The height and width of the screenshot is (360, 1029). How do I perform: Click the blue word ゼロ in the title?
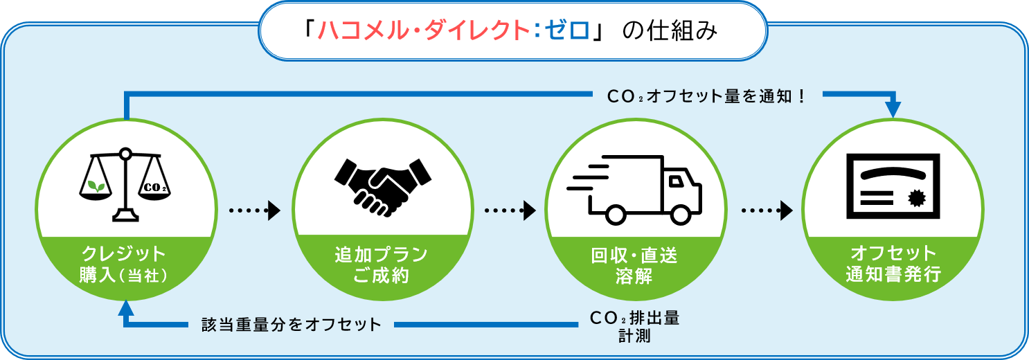567,30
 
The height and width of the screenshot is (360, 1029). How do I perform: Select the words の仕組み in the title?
670,30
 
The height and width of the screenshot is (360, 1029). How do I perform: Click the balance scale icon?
125,185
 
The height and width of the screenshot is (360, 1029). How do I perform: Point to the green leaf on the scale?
96,186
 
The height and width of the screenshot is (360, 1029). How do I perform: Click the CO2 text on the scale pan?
155,188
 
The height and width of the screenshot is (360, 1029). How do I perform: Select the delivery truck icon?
634,190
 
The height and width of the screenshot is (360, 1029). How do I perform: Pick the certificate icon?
893,186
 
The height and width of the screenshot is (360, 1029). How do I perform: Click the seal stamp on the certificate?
917,199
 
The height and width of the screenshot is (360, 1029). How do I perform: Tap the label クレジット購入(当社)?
123,264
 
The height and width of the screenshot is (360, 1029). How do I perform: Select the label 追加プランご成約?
382,265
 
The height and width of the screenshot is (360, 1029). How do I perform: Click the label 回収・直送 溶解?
634,266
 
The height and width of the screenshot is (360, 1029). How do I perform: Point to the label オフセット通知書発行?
893,264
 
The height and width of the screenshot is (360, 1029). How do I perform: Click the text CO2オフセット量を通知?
706,96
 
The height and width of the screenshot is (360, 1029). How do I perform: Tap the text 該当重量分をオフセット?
292,325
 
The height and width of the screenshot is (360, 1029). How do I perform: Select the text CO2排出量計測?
634,327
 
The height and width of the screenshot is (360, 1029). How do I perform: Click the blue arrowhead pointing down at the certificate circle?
893,110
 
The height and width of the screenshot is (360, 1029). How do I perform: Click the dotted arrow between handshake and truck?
510,210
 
